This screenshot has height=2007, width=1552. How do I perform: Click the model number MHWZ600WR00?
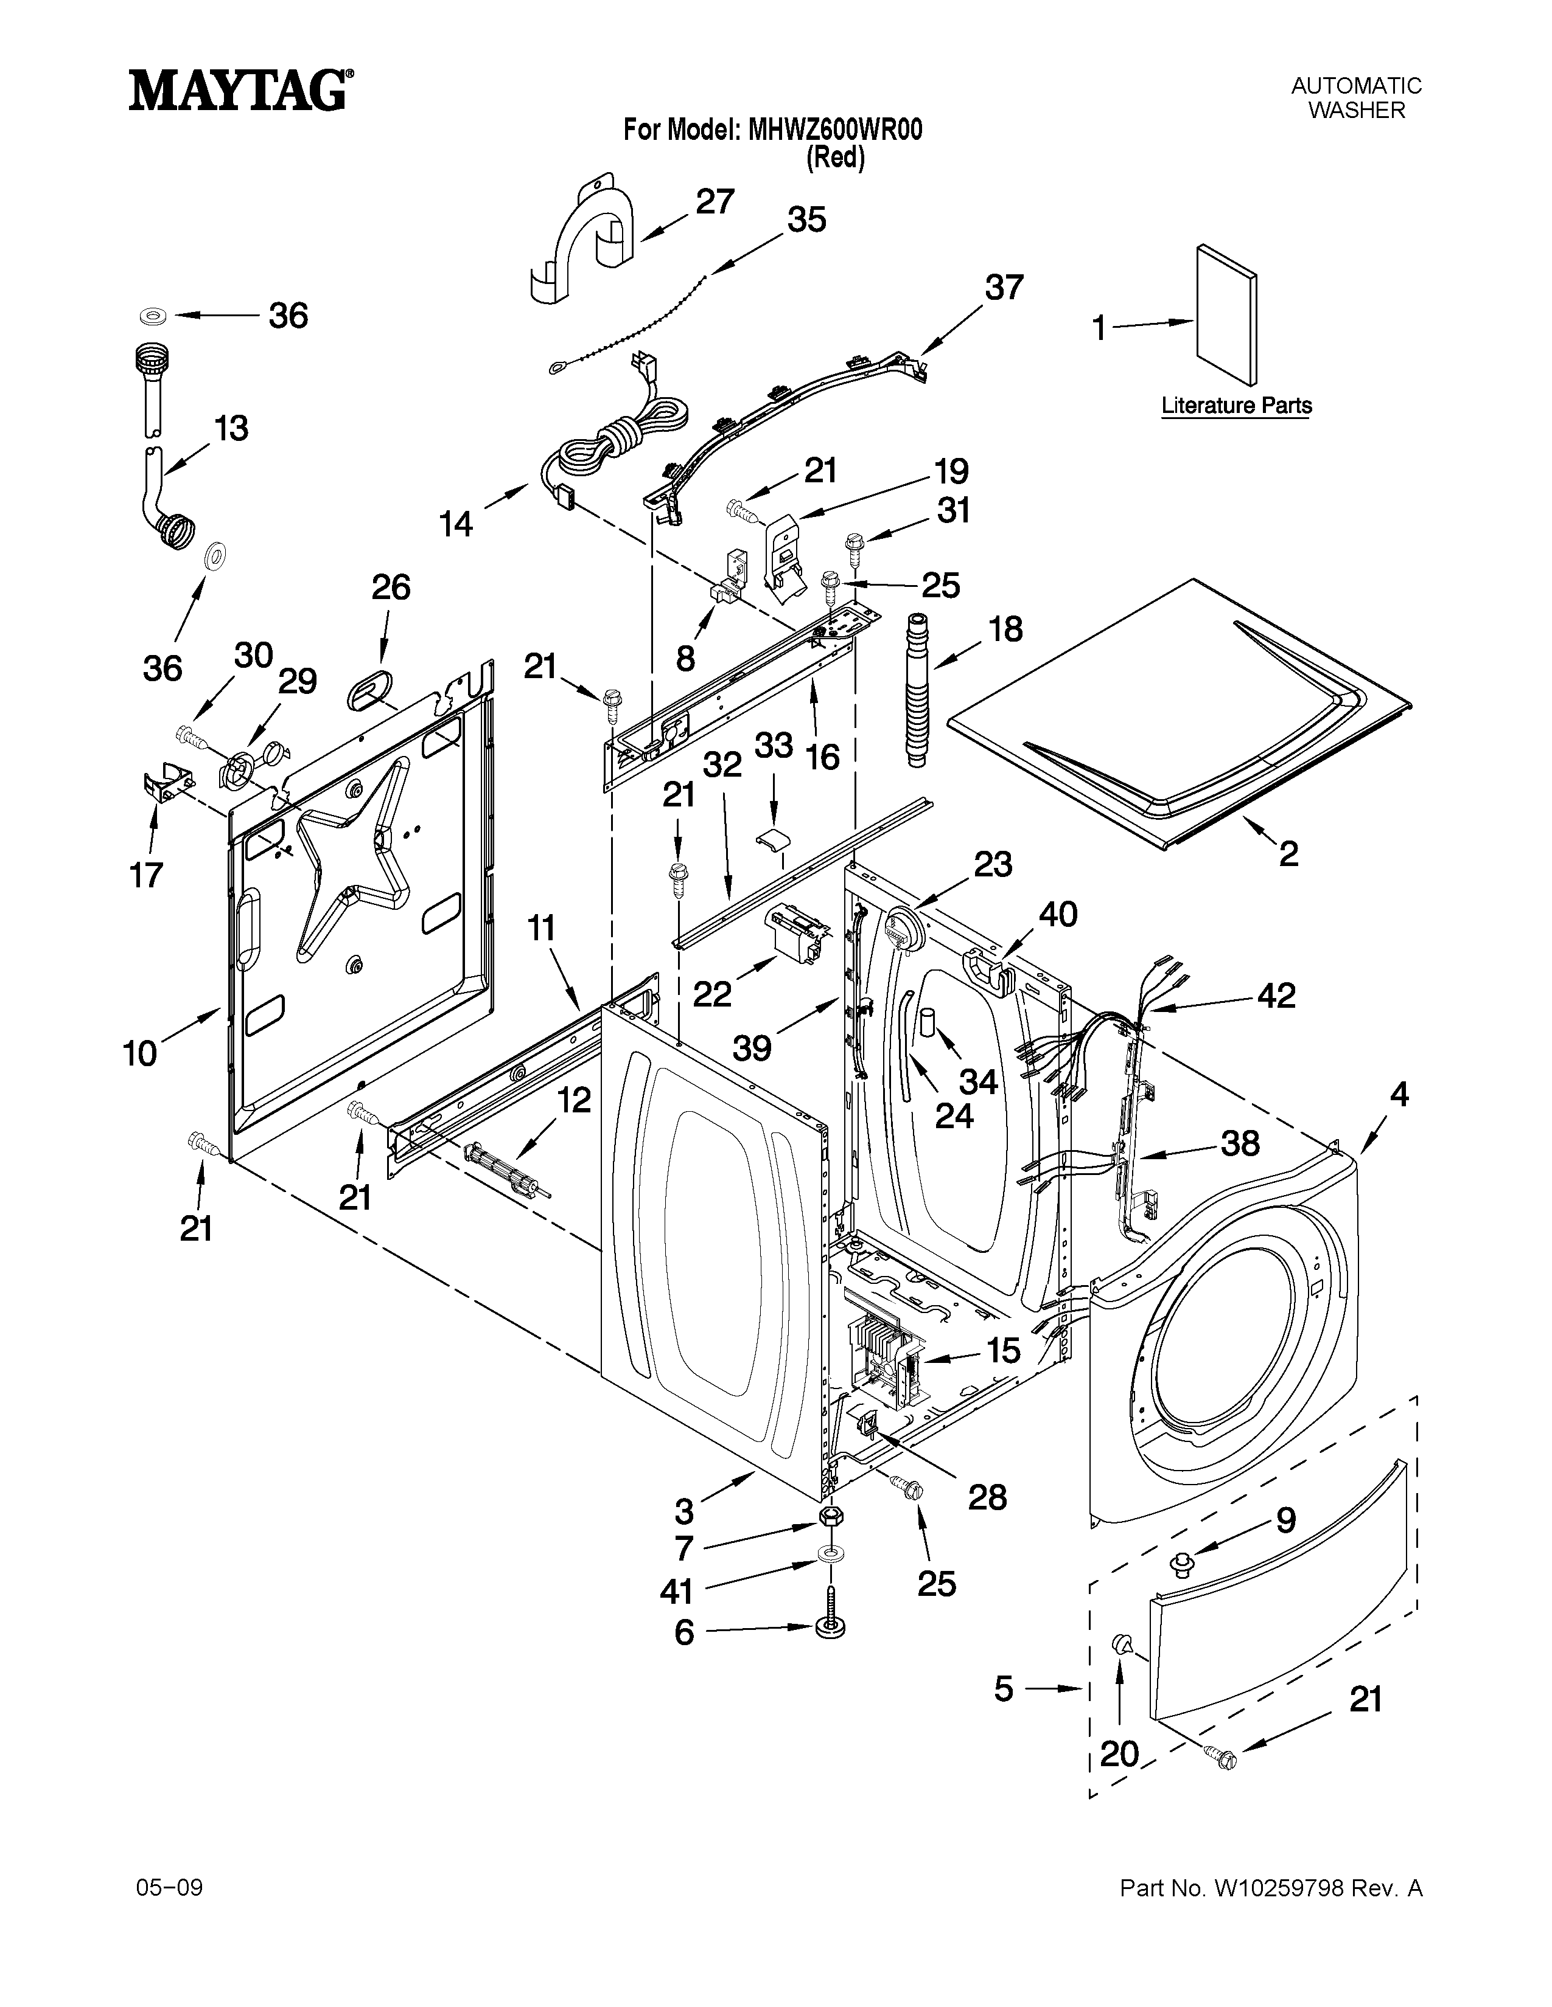coord(835,131)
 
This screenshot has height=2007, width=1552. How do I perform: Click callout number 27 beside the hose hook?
coord(715,201)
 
